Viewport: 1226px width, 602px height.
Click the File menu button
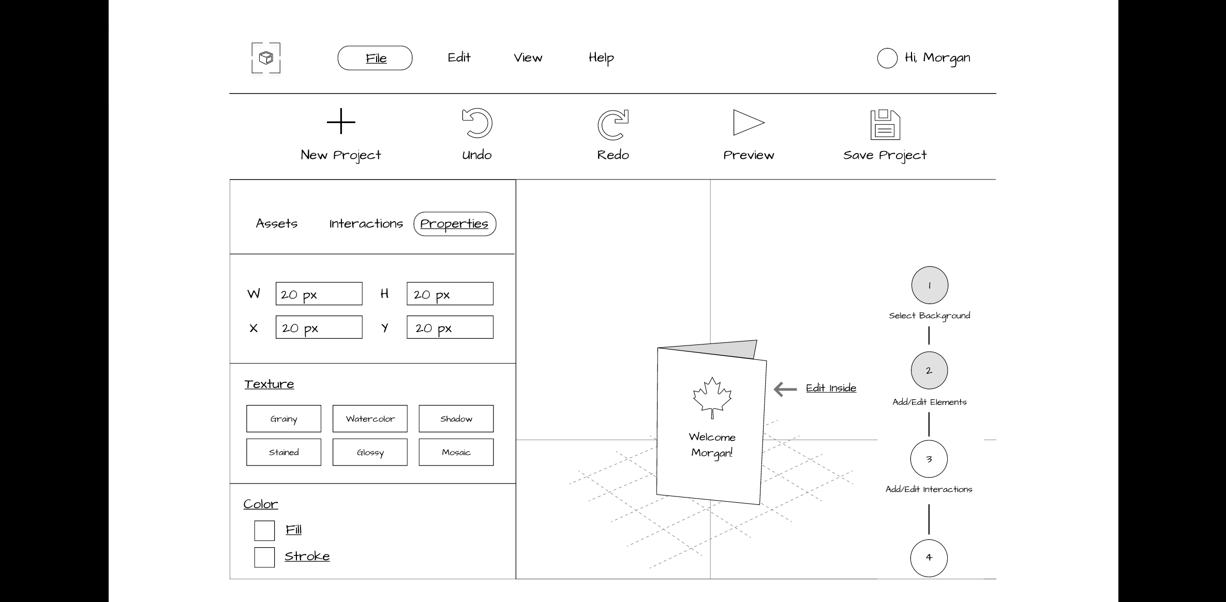(x=375, y=58)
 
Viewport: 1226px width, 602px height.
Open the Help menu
(x=601, y=58)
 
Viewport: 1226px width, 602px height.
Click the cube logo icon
(x=266, y=58)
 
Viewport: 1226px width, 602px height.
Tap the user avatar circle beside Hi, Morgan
(x=887, y=58)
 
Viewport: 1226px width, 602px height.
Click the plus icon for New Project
(x=341, y=122)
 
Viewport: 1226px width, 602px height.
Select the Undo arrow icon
(x=477, y=124)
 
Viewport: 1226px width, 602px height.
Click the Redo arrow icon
(x=613, y=124)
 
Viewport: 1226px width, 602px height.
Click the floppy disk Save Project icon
(x=885, y=125)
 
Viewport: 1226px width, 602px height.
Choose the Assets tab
(x=277, y=223)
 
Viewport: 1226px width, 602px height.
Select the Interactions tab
(x=366, y=223)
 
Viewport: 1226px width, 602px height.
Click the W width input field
(x=319, y=294)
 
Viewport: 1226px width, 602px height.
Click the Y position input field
(x=450, y=327)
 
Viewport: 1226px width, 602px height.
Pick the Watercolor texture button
(x=370, y=418)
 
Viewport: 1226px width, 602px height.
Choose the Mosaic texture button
(x=456, y=452)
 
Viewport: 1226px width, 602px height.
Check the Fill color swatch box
(x=264, y=531)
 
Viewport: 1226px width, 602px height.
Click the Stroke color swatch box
(x=264, y=558)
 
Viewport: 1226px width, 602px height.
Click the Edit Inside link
(x=831, y=388)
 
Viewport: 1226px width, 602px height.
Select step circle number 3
(x=929, y=459)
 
